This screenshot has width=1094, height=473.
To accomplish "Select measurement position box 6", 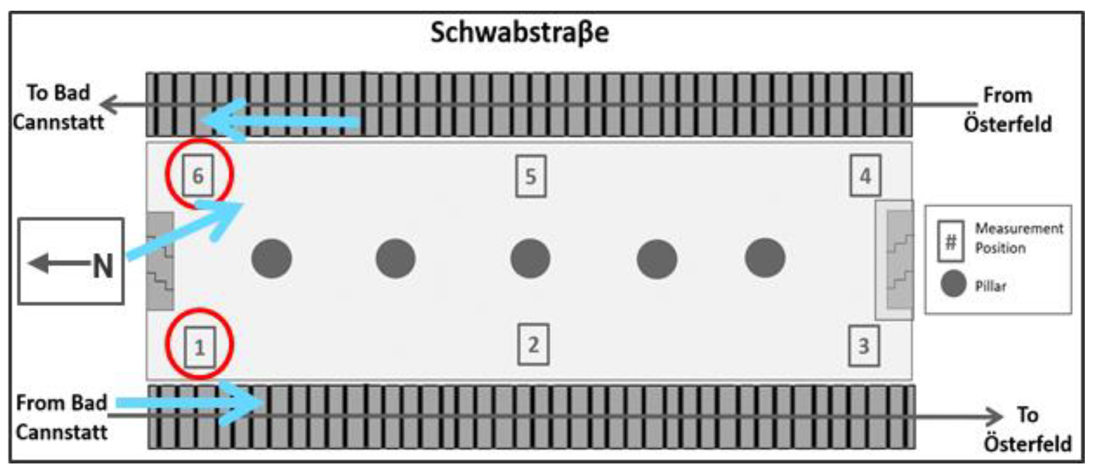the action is pyautogui.click(x=198, y=175).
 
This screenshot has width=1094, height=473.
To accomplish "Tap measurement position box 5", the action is pyautogui.click(x=531, y=176).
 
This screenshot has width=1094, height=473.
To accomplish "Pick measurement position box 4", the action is pyautogui.click(x=865, y=175).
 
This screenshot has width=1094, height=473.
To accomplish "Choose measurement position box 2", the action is pyautogui.click(x=533, y=345).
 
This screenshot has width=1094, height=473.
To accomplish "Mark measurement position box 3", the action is pyautogui.click(x=864, y=346).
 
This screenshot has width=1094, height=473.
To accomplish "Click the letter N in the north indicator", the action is pyautogui.click(x=103, y=267).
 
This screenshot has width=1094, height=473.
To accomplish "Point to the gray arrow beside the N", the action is pyautogui.click(x=57, y=263).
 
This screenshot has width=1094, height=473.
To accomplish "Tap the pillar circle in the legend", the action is pyautogui.click(x=954, y=284).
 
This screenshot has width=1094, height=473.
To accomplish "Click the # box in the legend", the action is pyautogui.click(x=951, y=241).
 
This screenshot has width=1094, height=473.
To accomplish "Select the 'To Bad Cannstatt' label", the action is pyautogui.click(x=58, y=107).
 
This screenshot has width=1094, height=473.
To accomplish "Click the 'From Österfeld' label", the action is pyautogui.click(x=1008, y=109).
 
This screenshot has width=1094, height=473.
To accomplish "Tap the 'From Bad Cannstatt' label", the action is pyautogui.click(x=62, y=418).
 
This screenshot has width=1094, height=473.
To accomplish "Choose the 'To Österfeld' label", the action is pyautogui.click(x=1028, y=429).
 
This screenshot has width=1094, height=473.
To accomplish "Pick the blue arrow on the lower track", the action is pyautogui.click(x=191, y=403).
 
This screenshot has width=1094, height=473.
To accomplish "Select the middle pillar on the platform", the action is pyautogui.click(x=530, y=258).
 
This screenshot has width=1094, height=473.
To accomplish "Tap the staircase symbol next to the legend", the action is pyautogui.click(x=900, y=260).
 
